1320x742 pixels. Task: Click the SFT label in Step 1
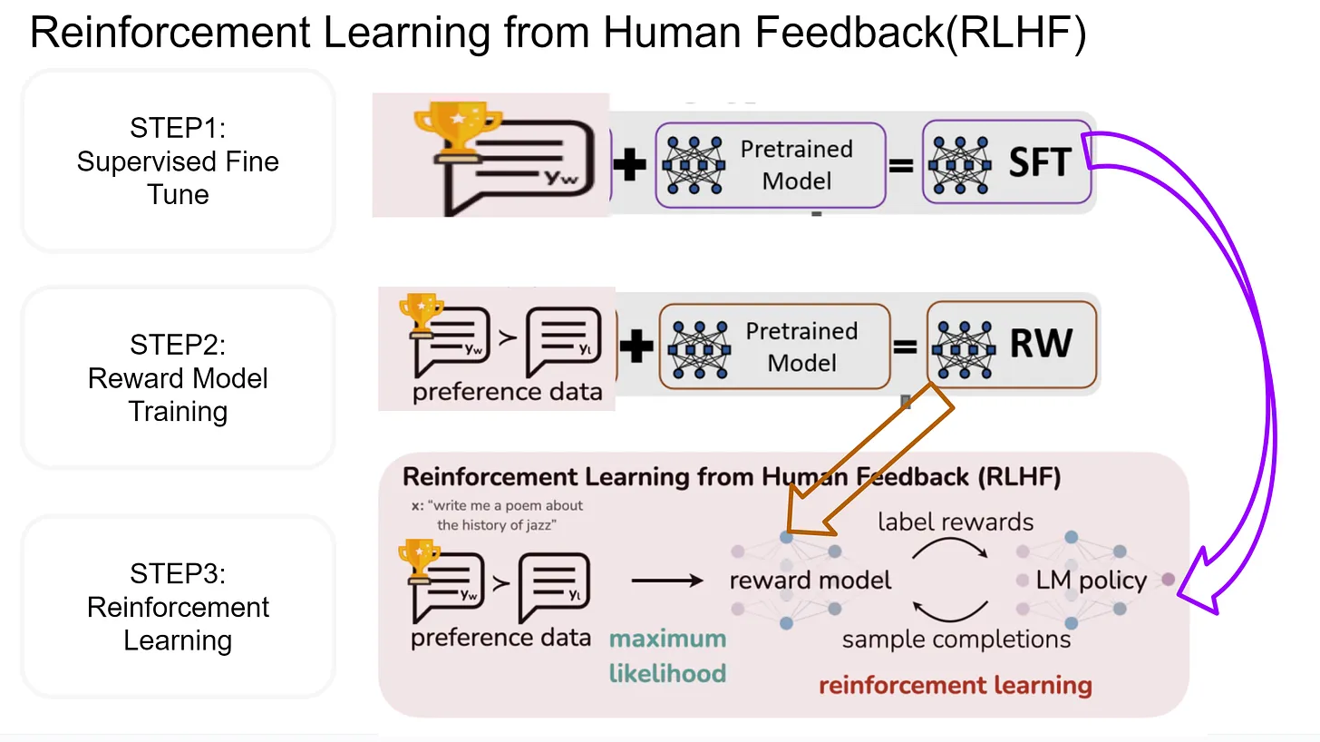(1039, 162)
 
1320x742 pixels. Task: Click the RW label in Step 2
(1041, 345)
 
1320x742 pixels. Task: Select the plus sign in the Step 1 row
(630, 164)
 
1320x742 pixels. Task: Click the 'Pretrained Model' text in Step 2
(801, 347)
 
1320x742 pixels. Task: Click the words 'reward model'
(810, 581)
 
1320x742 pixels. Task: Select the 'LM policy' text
(1091, 581)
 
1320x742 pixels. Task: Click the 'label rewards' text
(956, 522)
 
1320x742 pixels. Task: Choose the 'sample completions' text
(956, 639)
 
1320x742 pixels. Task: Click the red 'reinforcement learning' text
(955, 685)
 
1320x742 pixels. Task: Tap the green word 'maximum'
(667, 639)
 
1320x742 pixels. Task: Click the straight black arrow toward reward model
(666, 581)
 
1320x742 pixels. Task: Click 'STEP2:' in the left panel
(178, 346)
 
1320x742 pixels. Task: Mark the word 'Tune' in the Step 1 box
(178, 194)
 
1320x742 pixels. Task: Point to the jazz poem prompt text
(503, 515)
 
